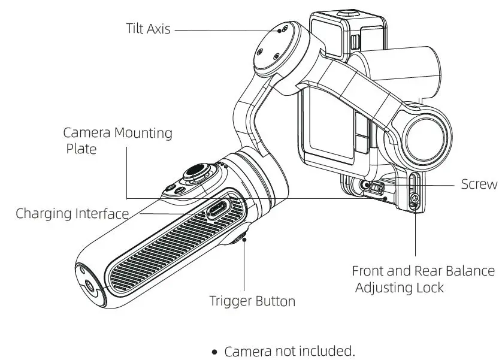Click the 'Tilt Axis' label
coord(147,29)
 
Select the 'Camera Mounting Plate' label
coord(117,140)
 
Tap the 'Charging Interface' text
coord(72,213)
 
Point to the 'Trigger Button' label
coord(252,301)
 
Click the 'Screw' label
coord(479,184)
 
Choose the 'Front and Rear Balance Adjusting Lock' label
coord(423,279)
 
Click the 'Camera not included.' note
coord(289,351)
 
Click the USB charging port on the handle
coord(216,210)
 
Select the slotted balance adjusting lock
coord(413,192)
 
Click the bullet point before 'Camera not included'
coord(214,352)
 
